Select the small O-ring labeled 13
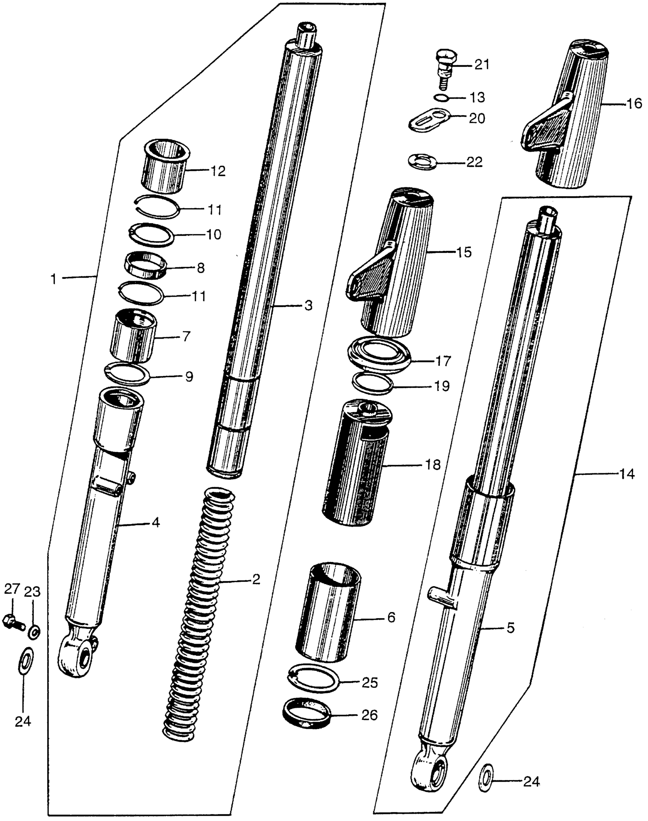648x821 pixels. point(441,98)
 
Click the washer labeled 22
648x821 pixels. point(422,162)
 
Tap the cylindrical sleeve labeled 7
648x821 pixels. point(134,336)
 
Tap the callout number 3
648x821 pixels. point(308,306)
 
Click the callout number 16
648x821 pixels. point(634,104)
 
